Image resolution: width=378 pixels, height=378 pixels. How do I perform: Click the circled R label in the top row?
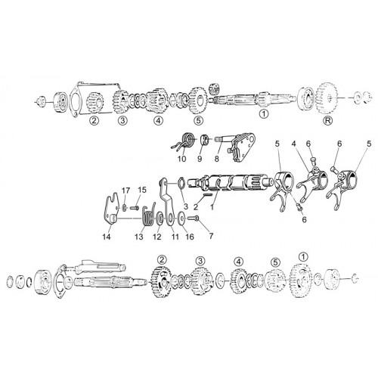[x=327, y=120]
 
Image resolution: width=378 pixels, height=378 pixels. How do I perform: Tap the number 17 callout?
[x=125, y=191]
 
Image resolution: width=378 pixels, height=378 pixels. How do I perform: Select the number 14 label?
[x=107, y=237]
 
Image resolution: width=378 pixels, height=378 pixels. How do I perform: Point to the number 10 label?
[x=181, y=159]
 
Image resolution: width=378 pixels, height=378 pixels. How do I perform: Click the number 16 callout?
[x=190, y=237]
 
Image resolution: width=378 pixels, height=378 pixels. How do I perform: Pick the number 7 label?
[x=211, y=236]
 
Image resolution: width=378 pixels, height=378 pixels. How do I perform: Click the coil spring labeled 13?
[x=148, y=215]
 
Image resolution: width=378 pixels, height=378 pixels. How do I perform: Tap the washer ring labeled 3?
[x=182, y=182]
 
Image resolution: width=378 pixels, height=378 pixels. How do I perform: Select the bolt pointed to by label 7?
[x=194, y=218]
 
